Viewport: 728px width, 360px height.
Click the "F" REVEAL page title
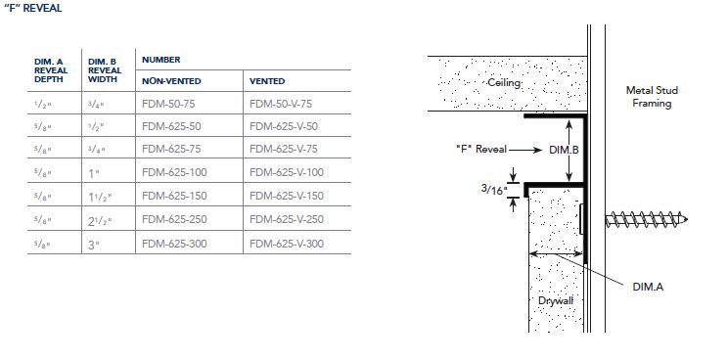(x=33, y=9)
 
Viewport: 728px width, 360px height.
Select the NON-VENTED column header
(x=171, y=81)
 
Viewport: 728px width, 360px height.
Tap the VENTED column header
(x=267, y=81)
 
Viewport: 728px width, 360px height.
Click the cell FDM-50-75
(x=168, y=104)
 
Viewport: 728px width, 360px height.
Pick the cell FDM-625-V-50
(x=284, y=126)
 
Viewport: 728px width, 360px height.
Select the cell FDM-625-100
(x=174, y=172)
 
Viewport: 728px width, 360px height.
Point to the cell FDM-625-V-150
(x=287, y=196)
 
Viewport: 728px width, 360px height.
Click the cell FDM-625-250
(x=174, y=219)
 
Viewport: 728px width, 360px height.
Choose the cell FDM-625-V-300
(x=287, y=244)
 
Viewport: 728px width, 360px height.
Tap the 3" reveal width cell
(x=94, y=245)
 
